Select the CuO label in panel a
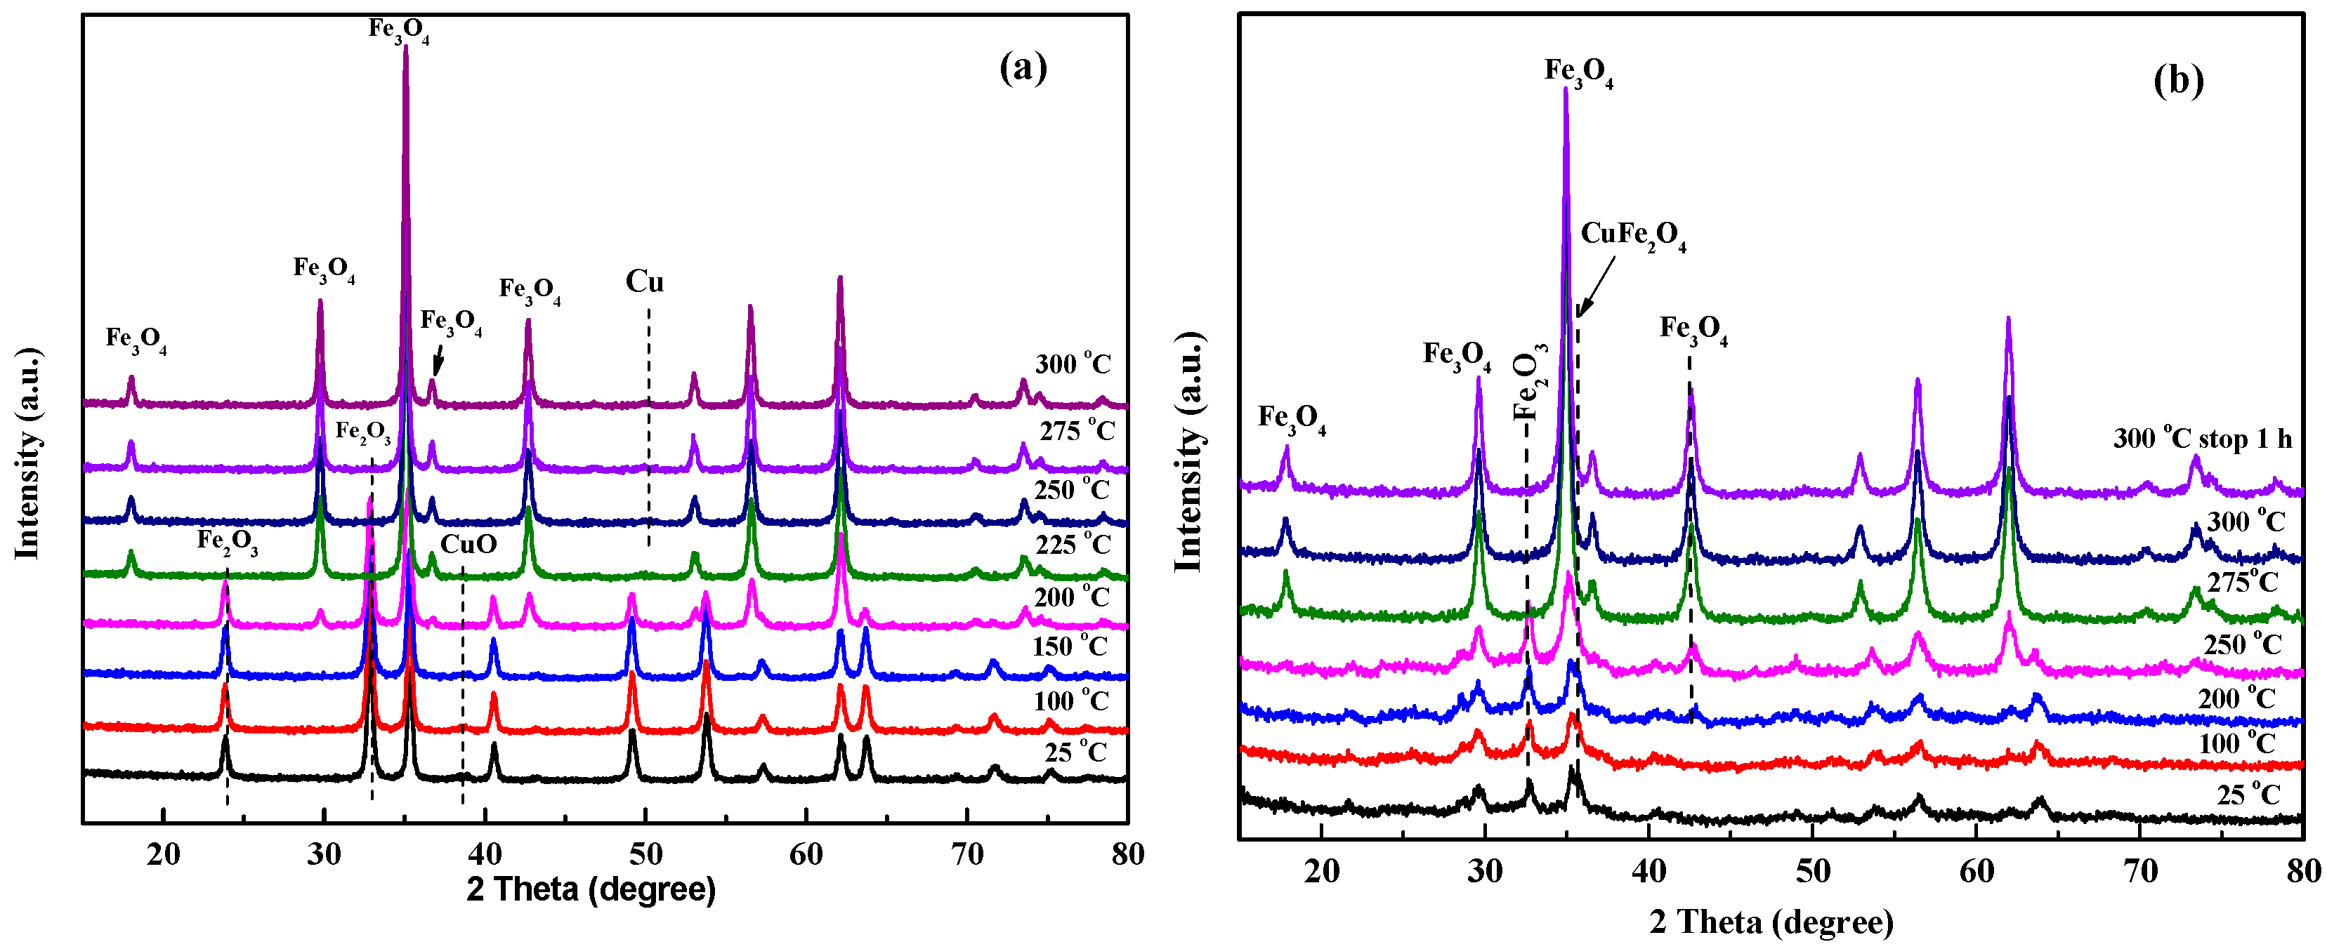[468, 545]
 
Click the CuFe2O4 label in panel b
[1633, 236]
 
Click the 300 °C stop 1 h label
[2203, 439]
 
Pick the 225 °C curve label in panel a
[1073, 545]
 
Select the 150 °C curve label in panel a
[1070, 646]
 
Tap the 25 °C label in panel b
[2248, 795]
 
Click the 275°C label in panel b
[2243, 583]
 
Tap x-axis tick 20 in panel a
[164, 854]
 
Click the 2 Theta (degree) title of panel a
[591, 890]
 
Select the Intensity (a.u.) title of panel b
[1188, 451]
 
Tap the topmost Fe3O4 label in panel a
[398, 29]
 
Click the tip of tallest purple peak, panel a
[405, 47]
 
